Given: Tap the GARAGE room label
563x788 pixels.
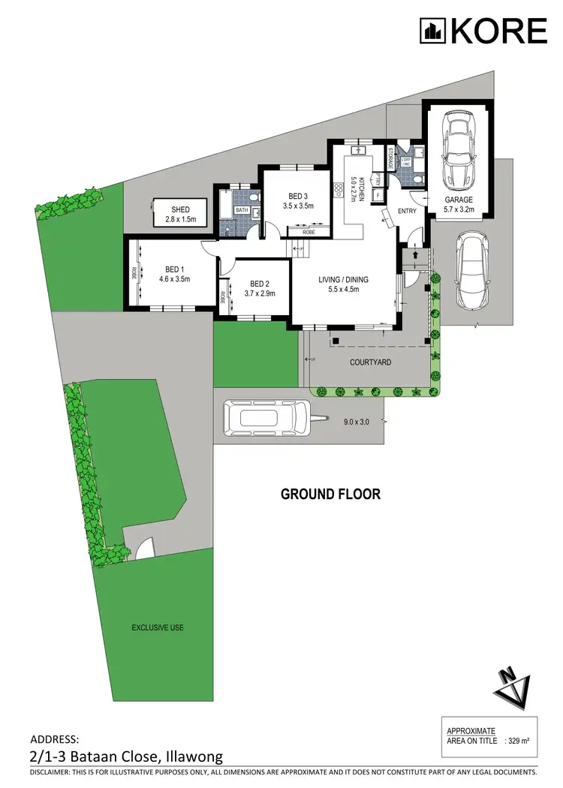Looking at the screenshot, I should tap(458, 200).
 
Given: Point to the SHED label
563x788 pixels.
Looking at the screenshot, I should tap(179, 209).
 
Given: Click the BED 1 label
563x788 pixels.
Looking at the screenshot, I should tap(174, 269).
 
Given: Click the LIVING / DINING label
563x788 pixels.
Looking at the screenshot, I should tap(344, 280).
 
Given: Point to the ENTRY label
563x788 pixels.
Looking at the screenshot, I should tap(407, 211).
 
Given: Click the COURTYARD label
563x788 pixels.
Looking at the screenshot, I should tap(371, 362).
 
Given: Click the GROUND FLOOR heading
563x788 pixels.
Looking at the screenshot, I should tap(330, 494).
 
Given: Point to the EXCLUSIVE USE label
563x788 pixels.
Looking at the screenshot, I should tap(158, 627).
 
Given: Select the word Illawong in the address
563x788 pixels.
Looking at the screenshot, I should tap(193, 758).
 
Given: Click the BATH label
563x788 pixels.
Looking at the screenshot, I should tap(242, 210).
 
